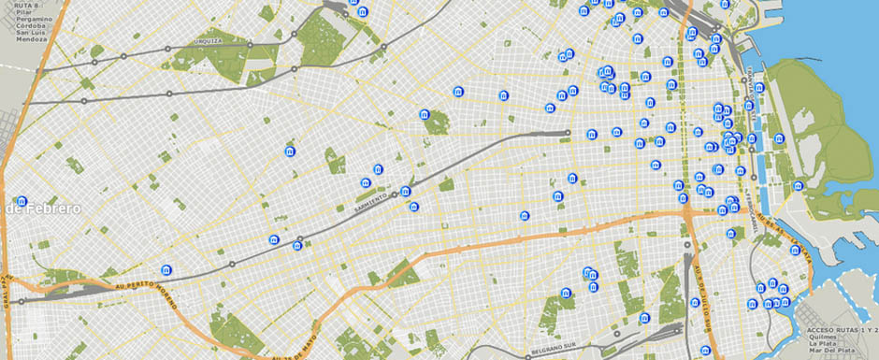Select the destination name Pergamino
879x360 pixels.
[x=28, y=23]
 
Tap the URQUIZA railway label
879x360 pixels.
[x=208, y=43]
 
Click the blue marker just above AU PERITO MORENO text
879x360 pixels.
[x=166, y=269]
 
